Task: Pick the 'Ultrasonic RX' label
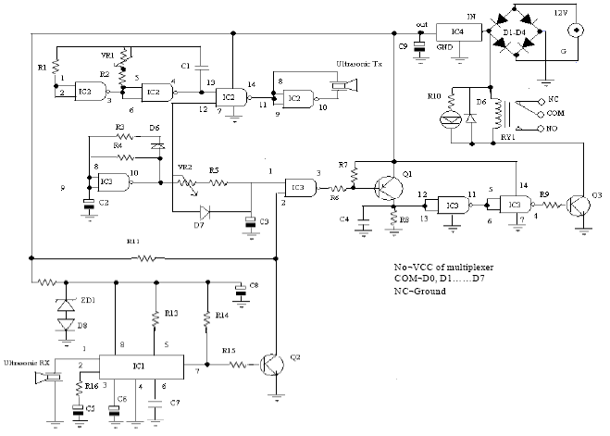coord(25,361)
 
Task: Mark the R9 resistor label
coord(544,193)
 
